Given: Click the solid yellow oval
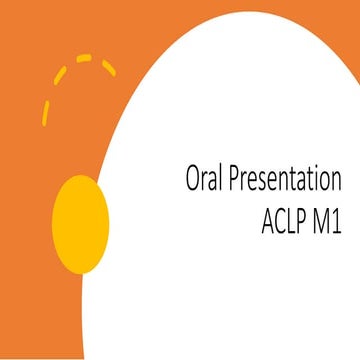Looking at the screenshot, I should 80,224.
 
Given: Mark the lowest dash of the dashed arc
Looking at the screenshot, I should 45,114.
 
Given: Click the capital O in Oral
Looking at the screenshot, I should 193,180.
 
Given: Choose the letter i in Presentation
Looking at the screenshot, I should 317,180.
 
